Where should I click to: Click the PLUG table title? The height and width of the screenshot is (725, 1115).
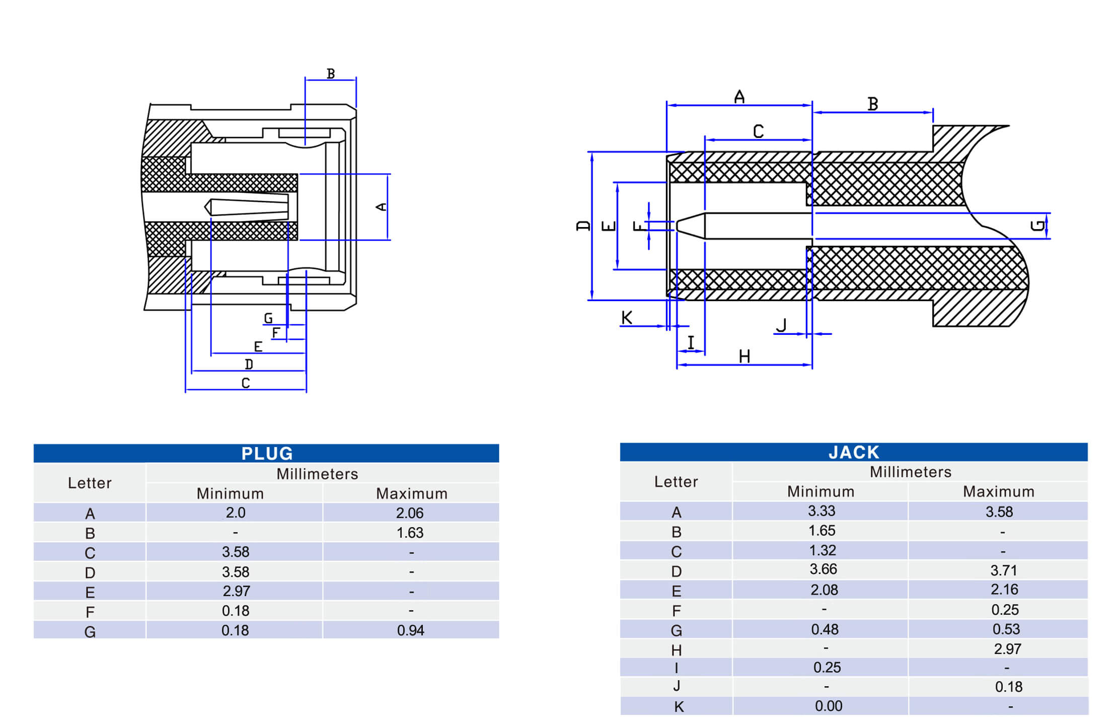[x=267, y=453]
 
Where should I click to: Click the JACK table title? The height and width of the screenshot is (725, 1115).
[x=854, y=452]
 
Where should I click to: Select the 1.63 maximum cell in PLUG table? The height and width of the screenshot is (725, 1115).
[x=410, y=533]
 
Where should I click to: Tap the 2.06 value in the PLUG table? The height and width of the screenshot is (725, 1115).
[x=410, y=513]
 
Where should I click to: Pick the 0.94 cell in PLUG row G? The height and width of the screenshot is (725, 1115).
[x=410, y=630]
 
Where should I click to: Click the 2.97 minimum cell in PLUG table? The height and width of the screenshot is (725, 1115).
[x=236, y=591]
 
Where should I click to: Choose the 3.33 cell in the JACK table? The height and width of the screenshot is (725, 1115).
[x=822, y=511]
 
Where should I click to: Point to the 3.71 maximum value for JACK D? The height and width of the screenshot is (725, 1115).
[x=1004, y=570]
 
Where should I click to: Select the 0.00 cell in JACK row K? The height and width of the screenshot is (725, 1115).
[x=829, y=706]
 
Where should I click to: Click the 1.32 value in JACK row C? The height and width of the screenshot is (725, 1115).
[x=822, y=550]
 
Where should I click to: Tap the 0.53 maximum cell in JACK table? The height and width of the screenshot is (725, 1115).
[x=1006, y=629]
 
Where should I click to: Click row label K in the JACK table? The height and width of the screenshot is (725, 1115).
[x=679, y=707]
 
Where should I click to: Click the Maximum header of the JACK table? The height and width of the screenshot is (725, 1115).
[x=998, y=491]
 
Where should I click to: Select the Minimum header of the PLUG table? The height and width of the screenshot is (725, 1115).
[x=230, y=493]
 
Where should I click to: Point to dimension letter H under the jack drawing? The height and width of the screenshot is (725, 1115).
[x=745, y=356]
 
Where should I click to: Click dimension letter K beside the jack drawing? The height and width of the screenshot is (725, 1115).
[x=627, y=318]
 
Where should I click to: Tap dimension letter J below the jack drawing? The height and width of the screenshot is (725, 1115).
[x=781, y=325]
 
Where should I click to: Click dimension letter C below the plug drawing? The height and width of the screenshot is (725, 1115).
[x=246, y=383]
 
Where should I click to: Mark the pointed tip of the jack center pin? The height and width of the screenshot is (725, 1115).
[x=678, y=226]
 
